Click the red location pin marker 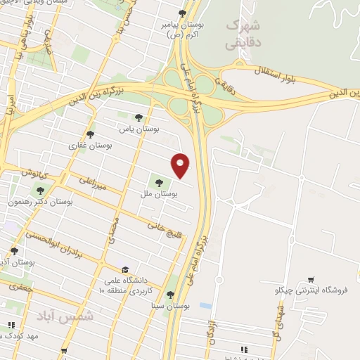pyautogui.click(x=181, y=165)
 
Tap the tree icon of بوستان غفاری pyautogui.click(x=90, y=134)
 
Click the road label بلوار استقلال pyautogui.click(x=288, y=75)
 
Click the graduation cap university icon pyautogui.click(x=125, y=270)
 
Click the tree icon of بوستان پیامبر pyautogui.click(x=183, y=13)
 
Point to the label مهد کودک pyautogui.click(x=24, y=336)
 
